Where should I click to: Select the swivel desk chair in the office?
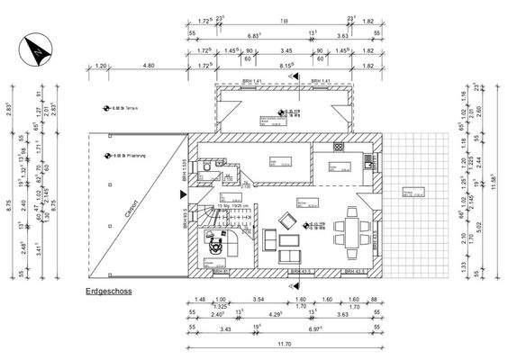click(216, 242)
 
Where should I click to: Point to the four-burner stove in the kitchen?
click(369, 161)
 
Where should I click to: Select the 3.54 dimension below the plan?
click(258, 300)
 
